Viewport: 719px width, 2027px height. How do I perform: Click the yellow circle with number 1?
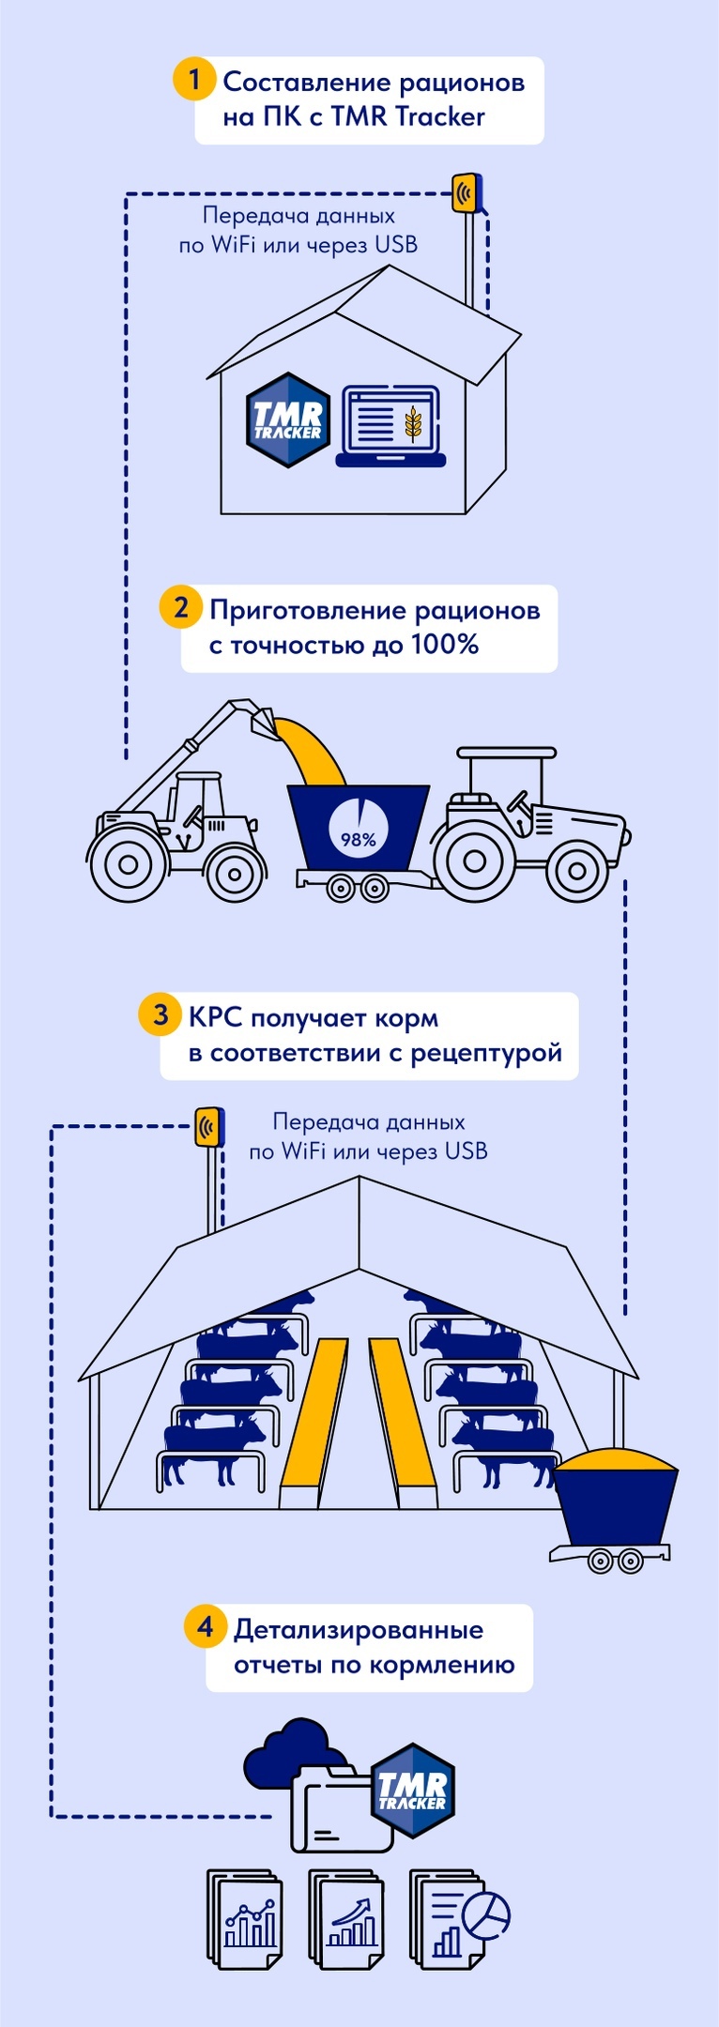194,79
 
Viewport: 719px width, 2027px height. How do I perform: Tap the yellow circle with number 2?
180,607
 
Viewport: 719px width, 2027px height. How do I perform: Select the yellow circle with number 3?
161,1014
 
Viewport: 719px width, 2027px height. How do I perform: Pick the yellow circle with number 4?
206,1625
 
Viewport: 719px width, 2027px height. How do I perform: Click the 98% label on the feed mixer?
358,839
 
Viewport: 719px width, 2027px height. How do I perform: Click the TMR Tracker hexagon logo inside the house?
288,419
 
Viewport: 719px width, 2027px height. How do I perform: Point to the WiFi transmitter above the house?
465,192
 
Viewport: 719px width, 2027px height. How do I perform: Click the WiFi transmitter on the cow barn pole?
209,1126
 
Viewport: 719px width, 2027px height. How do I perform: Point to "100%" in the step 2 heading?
445,645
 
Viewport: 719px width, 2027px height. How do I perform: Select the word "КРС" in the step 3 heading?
215,1018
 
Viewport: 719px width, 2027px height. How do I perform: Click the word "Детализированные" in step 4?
358,1629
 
